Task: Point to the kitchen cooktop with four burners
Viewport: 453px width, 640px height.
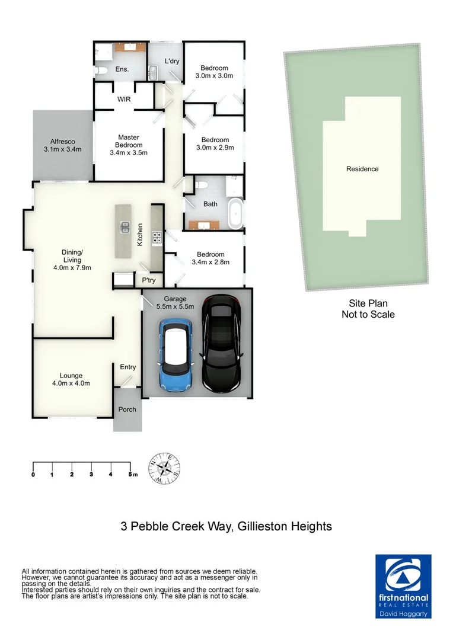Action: click(x=157, y=238)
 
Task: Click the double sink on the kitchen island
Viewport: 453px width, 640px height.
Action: click(x=125, y=226)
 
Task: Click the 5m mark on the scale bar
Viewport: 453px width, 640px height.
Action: click(x=130, y=474)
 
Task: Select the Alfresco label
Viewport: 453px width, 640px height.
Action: click(x=62, y=142)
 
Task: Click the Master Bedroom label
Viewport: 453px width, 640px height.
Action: click(x=129, y=141)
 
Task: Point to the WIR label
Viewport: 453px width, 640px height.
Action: click(x=124, y=99)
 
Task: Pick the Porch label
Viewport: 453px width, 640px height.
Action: click(x=127, y=409)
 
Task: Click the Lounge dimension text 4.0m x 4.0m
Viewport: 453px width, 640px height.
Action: click(x=71, y=383)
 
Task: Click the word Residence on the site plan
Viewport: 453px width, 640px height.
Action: click(x=362, y=169)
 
